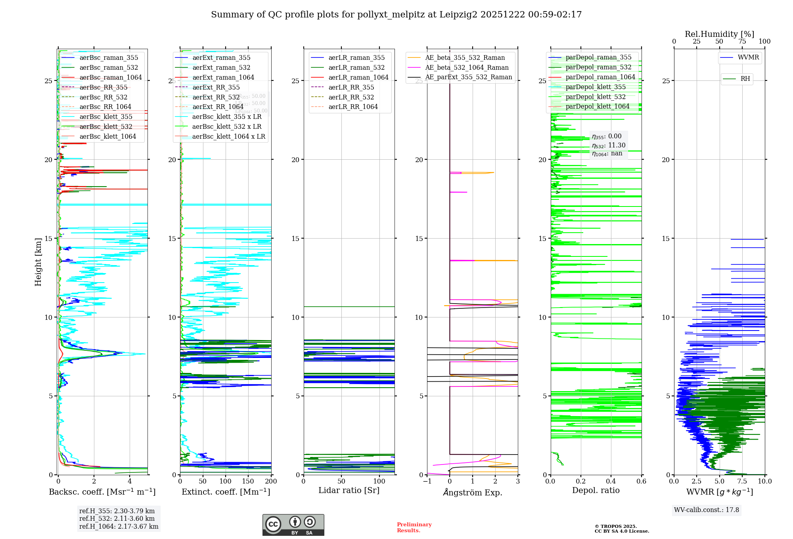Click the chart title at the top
[x=396, y=15]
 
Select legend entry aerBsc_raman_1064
[x=110, y=77]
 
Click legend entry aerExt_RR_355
[x=216, y=87]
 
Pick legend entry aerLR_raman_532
[x=356, y=67]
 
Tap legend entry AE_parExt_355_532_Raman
[x=468, y=77]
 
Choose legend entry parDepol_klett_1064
[x=597, y=106]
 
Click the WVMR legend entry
[x=748, y=57]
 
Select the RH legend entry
[x=745, y=79]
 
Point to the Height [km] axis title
[x=38, y=262]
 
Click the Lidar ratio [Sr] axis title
[x=349, y=490]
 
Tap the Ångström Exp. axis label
[x=472, y=492]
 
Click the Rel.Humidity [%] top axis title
[x=719, y=34]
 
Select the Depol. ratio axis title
[x=596, y=490]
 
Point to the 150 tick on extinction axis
[x=248, y=482]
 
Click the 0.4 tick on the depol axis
[x=611, y=482]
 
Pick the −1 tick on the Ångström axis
[x=427, y=482]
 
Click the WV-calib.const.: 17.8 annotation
[x=707, y=510]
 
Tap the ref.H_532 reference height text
[x=117, y=518]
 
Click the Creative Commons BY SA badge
[x=293, y=525]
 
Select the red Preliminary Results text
[x=414, y=527]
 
